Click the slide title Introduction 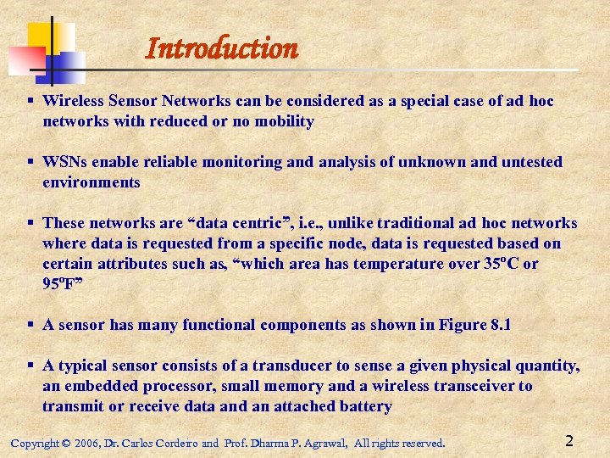[x=222, y=48]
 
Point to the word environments [x=91, y=182]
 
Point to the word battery [x=367, y=406]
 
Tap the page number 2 [x=569, y=441]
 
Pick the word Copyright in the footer [x=35, y=443]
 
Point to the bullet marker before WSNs [x=30, y=161]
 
